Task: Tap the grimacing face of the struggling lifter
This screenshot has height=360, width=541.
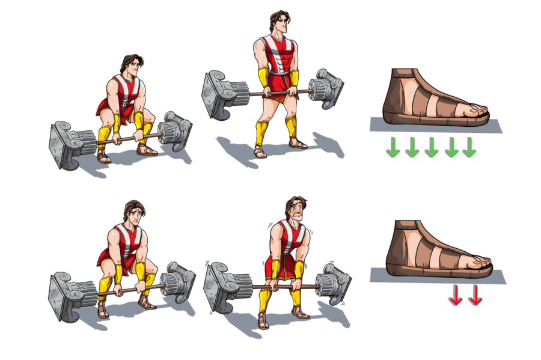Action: point(295,212)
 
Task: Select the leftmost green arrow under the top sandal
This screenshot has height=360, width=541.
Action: point(393,148)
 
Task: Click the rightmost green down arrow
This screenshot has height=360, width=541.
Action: point(469,148)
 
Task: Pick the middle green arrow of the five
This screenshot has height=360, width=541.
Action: point(431,148)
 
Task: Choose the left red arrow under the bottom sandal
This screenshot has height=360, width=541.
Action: point(456,295)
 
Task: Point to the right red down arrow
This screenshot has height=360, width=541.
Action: point(475,295)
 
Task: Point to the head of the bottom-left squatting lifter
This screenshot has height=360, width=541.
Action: point(133,213)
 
